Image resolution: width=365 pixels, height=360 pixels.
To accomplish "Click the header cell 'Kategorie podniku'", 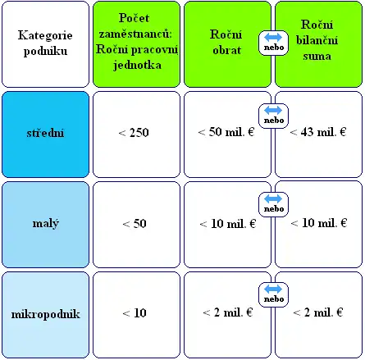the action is (45, 44).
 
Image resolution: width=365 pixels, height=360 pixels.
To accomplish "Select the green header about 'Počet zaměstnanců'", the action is (136, 44).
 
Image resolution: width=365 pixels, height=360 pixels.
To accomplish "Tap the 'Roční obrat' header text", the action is (226, 42).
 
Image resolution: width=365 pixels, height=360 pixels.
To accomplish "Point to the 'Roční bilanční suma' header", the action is (317, 40).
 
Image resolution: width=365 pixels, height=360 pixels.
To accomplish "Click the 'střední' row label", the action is (45, 134).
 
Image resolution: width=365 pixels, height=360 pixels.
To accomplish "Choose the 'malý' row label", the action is (45, 224).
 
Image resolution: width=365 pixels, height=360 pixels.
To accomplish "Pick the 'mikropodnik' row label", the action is (45, 314).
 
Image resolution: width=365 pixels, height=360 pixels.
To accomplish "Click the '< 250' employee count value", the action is (134, 133).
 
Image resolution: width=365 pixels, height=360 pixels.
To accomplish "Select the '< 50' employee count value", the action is (135, 224).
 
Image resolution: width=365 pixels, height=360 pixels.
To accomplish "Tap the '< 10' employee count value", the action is (135, 313).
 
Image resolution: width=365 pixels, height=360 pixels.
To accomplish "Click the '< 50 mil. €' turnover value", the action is (226, 132).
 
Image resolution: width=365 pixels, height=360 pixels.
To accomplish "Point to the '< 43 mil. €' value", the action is (318, 132).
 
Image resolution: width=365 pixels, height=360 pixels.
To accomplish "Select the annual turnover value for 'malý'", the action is (228, 224).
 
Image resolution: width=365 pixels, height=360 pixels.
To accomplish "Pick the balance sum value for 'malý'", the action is (319, 223).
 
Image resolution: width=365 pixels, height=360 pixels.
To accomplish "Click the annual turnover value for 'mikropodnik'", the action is (227, 312).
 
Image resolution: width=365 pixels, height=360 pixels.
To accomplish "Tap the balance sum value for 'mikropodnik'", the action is (317, 312).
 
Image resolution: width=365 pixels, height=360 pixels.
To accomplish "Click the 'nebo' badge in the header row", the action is (273, 43).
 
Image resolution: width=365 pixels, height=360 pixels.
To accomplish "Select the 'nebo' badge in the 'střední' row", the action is (273, 116).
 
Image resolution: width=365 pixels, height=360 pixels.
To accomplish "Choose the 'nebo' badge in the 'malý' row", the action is (273, 204).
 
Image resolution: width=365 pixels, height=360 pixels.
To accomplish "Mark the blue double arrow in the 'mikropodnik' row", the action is (273, 289).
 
